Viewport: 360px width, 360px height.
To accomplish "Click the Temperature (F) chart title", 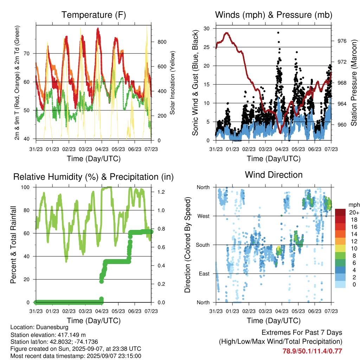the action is pyautogui.click(x=94, y=15).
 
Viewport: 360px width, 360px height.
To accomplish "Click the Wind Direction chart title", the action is pyautogui.click(x=274, y=175).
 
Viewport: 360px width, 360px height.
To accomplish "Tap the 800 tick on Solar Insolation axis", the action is pyautogui.click(x=162, y=42).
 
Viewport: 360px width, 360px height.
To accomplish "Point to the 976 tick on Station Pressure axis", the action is pyautogui.click(x=342, y=41).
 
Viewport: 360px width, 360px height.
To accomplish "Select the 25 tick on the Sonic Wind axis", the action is pyautogui.click(x=206, y=47).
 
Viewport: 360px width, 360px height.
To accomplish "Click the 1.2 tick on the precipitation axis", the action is pyautogui.click(x=161, y=192).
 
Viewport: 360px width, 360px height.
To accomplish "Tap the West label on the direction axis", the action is pyautogui.click(x=204, y=216).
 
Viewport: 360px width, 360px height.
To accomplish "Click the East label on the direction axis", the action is pyautogui.click(x=204, y=274).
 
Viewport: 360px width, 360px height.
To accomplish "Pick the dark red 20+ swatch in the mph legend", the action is pyautogui.click(x=340, y=212).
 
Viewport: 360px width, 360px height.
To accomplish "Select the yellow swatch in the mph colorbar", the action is pyautogui.click(x=340, y=248).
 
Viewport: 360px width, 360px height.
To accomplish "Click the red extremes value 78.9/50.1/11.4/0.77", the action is pyautogui.click(x=312, y=351).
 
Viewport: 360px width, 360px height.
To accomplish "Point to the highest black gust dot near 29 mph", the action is pyautogui.click(x=278, y=33).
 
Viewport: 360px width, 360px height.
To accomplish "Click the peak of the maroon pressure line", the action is pyautogui.click(x=227, y=33).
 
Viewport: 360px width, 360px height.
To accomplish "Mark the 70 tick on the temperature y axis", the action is pyautogui.click(x=27, y=53).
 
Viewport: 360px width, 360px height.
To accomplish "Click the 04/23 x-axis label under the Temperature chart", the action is pyautogui.click(x=102, y=149).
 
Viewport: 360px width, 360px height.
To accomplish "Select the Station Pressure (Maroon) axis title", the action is pyautogui.click(x=354, y=83).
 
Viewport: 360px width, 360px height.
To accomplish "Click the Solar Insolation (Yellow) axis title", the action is pyautogui.click(x=172, y=83).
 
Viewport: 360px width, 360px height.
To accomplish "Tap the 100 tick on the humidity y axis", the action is pyautogui.click(x=25, y=187).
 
